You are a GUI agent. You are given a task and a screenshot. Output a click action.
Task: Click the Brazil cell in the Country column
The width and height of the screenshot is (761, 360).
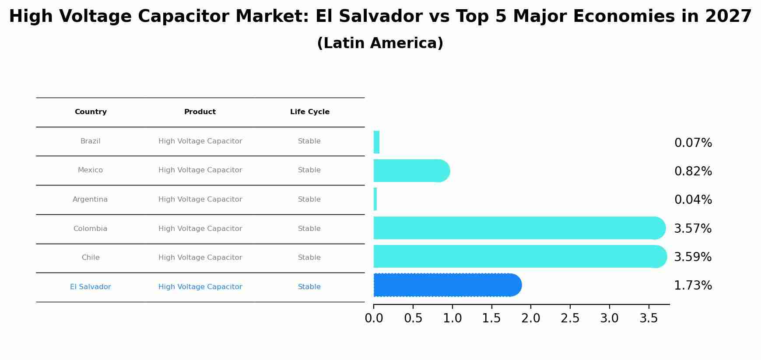coord(90,141)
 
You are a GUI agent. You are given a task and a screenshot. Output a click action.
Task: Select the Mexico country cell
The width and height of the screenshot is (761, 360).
coord(90,170)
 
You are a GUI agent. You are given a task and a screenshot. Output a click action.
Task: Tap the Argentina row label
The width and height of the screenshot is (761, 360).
coord(90,199)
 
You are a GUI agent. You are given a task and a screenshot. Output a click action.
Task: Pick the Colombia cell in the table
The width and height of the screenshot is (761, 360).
coord(90,229)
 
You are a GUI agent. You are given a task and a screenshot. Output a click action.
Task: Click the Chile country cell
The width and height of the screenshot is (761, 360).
coord(91,258)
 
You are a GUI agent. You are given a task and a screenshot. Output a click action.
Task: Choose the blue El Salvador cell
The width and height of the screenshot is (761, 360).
coord(90,287)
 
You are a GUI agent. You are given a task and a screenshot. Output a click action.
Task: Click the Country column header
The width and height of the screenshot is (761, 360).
coord(91,112)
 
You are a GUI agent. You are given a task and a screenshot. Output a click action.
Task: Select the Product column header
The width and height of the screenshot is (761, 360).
coord(200,112)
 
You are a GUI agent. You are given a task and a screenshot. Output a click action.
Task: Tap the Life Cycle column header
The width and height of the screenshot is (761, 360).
coord(310,112)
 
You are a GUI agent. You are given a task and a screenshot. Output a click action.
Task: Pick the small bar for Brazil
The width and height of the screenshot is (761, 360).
coord(376,142)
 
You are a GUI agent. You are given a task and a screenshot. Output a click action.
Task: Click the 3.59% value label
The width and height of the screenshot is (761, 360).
coord(693,257)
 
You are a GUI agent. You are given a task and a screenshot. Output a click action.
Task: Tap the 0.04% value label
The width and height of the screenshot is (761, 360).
coord(693,200)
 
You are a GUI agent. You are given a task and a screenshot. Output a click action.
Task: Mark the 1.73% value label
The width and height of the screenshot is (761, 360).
coord(693,286)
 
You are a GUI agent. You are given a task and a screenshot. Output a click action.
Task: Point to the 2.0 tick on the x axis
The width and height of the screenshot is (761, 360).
coord(531,318)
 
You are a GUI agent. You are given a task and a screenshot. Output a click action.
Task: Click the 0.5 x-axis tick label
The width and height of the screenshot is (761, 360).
coord(413,318)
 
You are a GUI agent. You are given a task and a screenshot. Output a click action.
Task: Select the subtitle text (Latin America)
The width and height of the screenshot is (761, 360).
coord(380,43)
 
